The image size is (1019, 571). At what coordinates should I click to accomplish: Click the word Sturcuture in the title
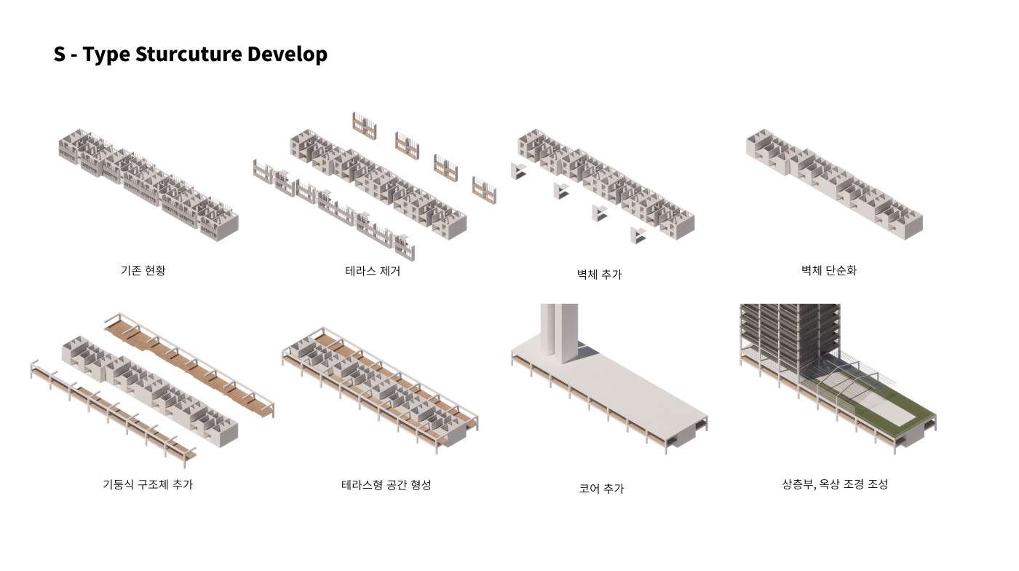pos(189,54)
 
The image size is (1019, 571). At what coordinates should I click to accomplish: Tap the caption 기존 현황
pos(143,270)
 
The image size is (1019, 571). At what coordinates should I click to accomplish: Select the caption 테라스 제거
pos(373,271)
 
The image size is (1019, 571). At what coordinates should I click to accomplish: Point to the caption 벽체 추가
pos(599,274)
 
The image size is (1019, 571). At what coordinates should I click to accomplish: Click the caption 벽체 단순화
pos(829,270)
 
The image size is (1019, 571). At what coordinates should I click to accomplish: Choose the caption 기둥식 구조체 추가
pos(148,484)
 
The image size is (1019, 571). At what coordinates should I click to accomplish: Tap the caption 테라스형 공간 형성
pos(386,484)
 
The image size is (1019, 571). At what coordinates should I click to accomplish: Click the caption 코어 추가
pos(601,489)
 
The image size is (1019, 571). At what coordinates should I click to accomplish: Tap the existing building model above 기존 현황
pos(148,184)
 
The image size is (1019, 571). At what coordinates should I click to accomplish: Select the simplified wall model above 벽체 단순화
pos(835,184)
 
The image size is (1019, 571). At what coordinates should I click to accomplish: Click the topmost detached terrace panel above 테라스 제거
pos(365,126)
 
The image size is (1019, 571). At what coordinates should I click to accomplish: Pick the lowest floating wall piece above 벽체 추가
pos(638,235)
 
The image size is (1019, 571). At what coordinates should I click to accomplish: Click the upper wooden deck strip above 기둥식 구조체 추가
pos(189,363)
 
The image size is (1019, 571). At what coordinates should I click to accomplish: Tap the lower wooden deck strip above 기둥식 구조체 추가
pos(114,412)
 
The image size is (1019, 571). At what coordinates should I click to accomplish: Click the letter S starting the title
pos(60,54)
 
